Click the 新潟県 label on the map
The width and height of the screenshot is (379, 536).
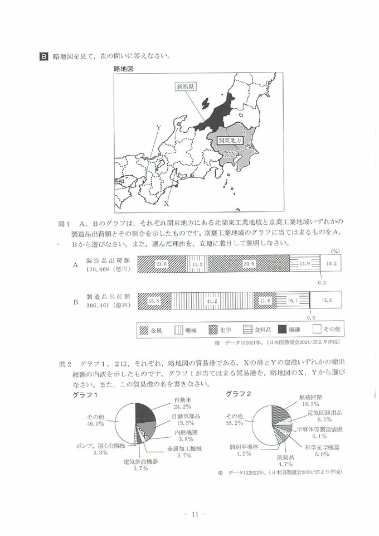click(185, 86)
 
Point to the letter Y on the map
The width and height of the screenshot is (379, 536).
click(158, 128)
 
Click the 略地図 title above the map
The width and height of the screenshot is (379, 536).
click(124, 68)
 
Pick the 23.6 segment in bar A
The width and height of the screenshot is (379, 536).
click(161, 264)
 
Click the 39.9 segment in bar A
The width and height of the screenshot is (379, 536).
click(249, 264)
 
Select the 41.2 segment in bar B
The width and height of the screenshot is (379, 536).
click(212, 301)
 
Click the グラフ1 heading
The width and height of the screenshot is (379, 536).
click(85, 395)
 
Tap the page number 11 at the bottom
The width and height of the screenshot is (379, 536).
click(190, 514)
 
